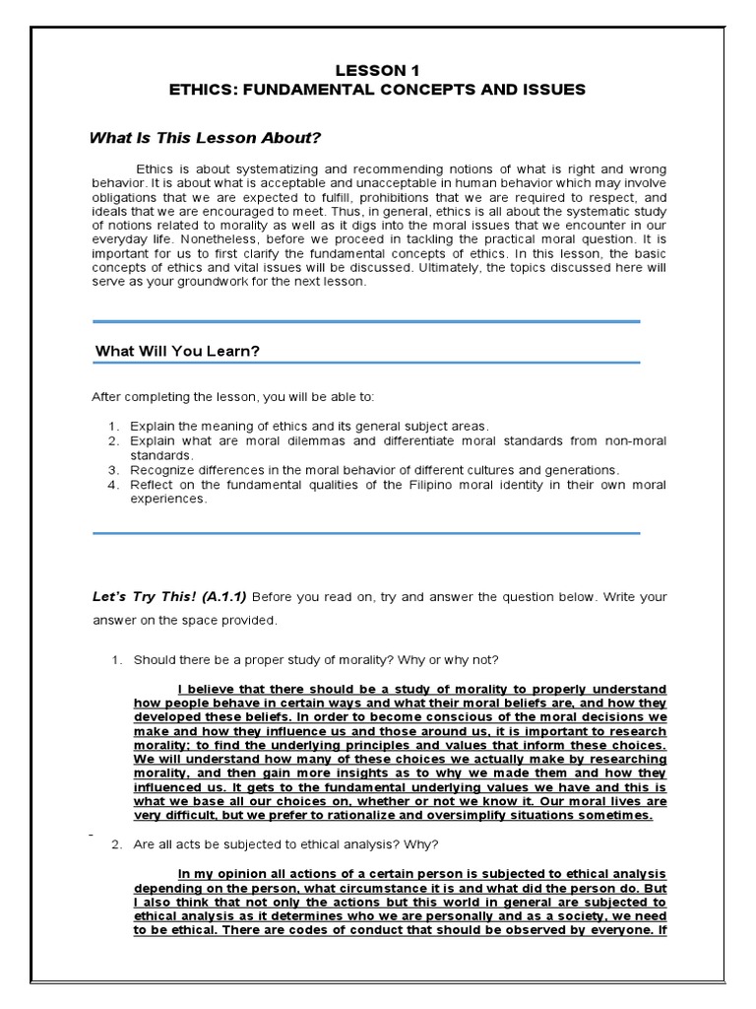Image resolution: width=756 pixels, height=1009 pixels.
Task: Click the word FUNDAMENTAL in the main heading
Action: pyautogui.click(x=298, y=90)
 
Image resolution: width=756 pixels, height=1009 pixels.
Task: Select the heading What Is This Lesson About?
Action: pyautogui.click(x=206, y=138)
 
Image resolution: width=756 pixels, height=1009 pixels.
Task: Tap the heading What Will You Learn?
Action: pyautogui.click(x=177, y=351)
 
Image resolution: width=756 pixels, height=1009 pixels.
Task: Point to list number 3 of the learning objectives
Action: pyautogui.click(x=112, y=470)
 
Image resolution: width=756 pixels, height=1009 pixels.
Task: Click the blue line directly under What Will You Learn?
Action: pyautogui.click(x=366, y=363)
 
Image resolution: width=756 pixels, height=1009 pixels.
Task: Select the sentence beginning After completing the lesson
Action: pyautogui.click(x=233, y=397)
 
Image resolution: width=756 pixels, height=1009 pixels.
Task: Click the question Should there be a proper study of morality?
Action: pyautogui.click(x=316, y=659)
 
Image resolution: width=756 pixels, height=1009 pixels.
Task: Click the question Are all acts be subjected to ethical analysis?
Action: pyautogui.click(x=286, y=844)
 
